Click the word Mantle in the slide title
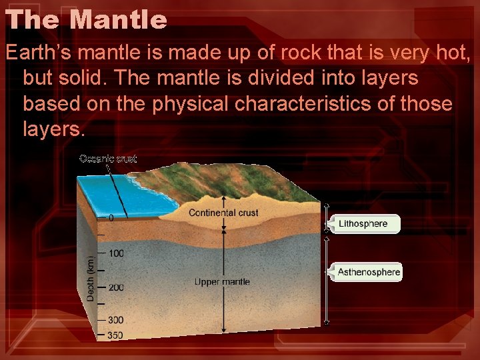pos(119,19)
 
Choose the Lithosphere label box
pos(364,224)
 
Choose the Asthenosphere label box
pos(368,272)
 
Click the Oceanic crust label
pos(108,159)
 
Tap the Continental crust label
pos(223,213)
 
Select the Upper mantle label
pos(222,282)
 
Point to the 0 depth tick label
pos(111,218)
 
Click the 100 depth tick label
pos(115,253)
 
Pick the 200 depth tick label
pos(115,287)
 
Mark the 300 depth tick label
pos(115,321)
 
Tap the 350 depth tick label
pos(115,335)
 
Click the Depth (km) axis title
pos(91,274)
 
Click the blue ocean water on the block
pos(123,193)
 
